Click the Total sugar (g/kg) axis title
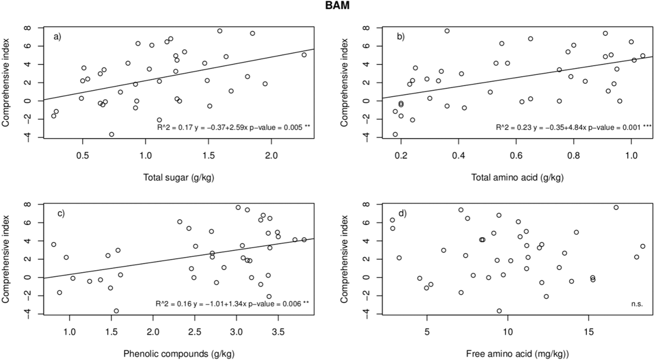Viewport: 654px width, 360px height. [x=179, y=178]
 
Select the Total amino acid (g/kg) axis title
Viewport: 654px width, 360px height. [x=517, y=178]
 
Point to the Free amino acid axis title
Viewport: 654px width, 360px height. [x=518, y=354]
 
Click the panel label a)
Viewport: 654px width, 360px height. [x=58, y=37]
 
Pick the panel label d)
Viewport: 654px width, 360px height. [x=403, y=213]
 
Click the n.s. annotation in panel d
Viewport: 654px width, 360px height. [x=637, y=304]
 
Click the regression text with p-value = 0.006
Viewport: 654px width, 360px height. [x=232, y=304]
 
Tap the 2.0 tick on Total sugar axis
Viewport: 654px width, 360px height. [x=272, y=155]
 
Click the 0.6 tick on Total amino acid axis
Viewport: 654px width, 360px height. [x=516, y=155]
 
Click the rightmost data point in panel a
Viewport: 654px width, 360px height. [x=304, y=55]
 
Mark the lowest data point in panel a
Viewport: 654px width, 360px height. [x=112, y=134]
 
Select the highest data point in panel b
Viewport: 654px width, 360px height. [x=447, y=31]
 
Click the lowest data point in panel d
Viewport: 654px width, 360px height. [x=499, y=311]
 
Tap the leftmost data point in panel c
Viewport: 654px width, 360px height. [x=54, y=244]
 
